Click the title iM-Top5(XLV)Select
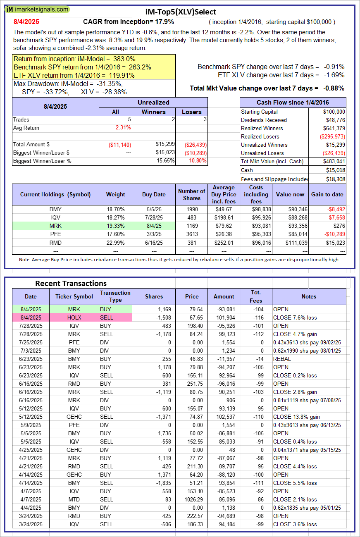point(181,12)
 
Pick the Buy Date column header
point(154,194)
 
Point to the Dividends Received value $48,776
point(334,120)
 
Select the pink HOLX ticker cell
point(74,317)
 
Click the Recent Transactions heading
point(71,284)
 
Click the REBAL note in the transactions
point(282,359)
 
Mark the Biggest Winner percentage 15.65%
point(164,161)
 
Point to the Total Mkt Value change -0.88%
point(334,88)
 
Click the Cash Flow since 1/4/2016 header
point(293,103)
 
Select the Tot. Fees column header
point(256,296)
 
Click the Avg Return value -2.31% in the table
point(122,128)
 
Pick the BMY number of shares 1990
point(191,210)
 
